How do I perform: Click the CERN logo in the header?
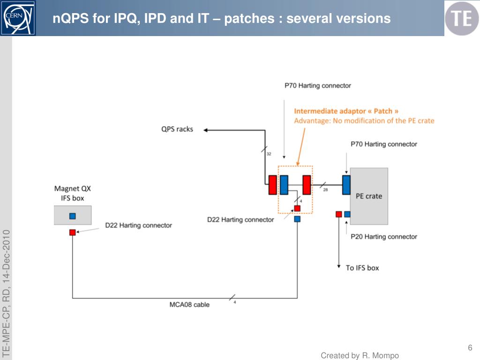(18, 18)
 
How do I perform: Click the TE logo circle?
(461, 18)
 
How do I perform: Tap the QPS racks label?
(177, 129)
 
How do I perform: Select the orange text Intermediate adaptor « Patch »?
(346, 111)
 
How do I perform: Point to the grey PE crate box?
(369, 196)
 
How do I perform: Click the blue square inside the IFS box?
(73, 216)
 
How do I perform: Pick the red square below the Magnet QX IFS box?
(73, 232)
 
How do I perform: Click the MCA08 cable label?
(189, 305)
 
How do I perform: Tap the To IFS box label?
(362, 268)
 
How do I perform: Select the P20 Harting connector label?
(384, 237)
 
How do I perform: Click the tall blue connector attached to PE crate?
(346, 185)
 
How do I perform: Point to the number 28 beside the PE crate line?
(325, 190)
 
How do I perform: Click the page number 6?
(470, 347)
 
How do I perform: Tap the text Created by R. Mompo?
(360, 356)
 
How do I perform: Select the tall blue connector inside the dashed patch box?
(284, 185)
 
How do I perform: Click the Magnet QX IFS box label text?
(73, 193)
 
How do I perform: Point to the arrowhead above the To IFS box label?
(339, 266)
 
